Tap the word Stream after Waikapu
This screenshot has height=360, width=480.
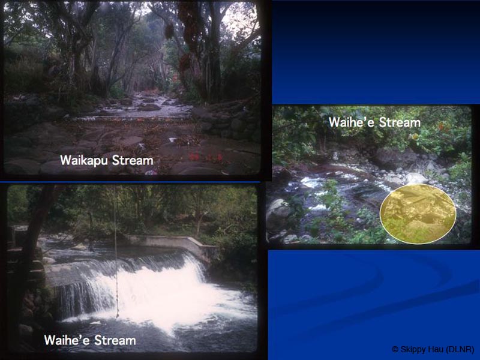click(131, 161)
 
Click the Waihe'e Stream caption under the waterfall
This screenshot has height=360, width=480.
click(90, 341)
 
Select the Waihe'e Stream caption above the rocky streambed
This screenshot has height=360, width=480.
click(374, 122)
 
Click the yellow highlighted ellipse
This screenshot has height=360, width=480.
click(418, 214)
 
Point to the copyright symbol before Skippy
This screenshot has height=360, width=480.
click(395, 349)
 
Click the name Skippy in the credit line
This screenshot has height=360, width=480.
click(412, 349)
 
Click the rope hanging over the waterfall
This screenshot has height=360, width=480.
click(116, 252)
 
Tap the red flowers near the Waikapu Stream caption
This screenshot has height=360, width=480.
click(195, 157)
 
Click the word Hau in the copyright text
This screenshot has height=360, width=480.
click(434, 349)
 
